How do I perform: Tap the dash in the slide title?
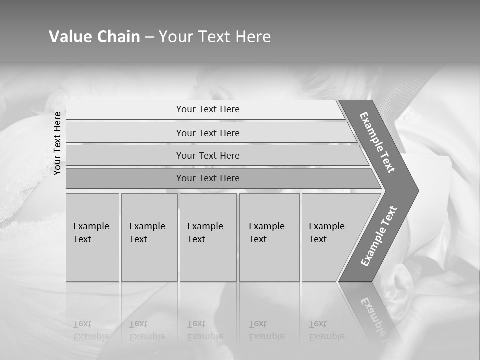point(149,37)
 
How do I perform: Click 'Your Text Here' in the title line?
point(215,37)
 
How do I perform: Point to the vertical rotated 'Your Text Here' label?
point(57,143)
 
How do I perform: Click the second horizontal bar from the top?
point(207,133)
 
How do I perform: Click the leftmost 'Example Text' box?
point(92,237)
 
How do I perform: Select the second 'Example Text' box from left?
point(149,237)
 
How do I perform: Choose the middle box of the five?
point(208,237)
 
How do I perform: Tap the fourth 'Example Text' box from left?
point(269,237)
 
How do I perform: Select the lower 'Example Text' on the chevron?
point(379,236)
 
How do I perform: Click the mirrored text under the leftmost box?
point(91,330)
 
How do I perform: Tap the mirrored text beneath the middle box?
point(205,330)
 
